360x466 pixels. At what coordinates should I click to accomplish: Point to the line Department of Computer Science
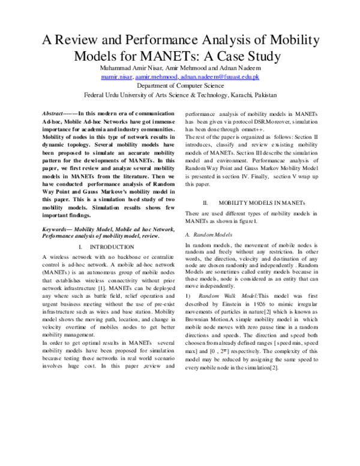click(180, 86)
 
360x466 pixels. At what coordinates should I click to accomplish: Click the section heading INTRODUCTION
click(114, 247)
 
